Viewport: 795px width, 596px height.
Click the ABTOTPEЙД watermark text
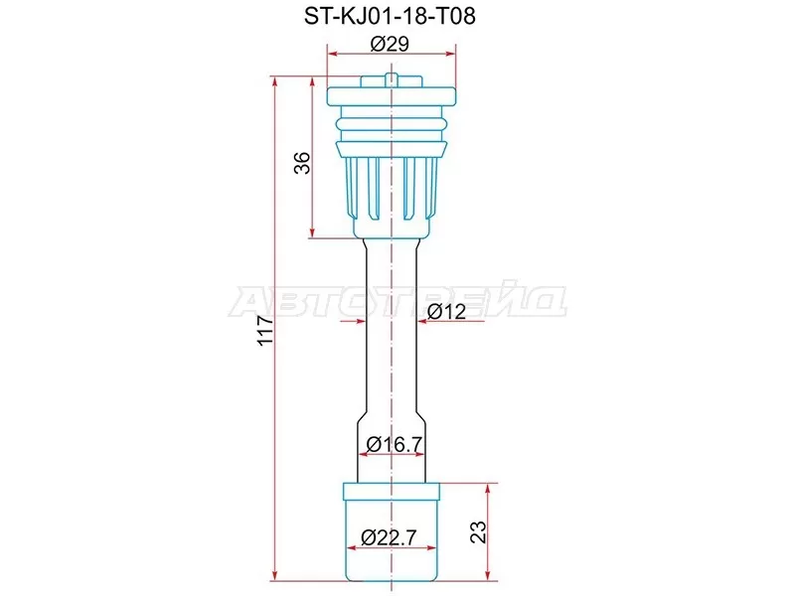[397, 301]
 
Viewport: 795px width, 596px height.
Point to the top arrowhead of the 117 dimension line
[275, 80]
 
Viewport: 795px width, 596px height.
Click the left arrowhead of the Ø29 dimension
[334, 56]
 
